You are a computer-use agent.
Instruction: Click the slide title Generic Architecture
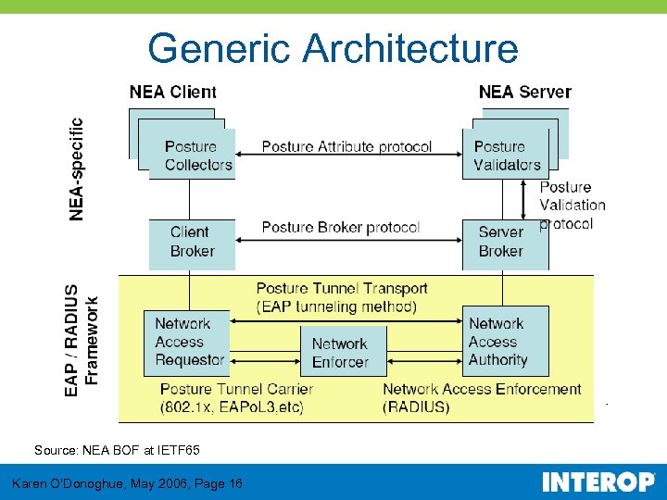click(x=333, y=48)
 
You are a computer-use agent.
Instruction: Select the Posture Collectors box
click(x=197, y=155)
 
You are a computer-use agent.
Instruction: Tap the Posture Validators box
click(x=506, y=155)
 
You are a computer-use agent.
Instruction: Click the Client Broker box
click(x=192, y=242)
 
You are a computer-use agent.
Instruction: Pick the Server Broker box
click(x=500, y=242)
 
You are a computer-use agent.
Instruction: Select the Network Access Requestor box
click(x=187, y=342)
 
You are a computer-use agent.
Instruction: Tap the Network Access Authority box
click(x=505, y=342)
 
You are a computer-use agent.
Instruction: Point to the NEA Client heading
click(x=173, y=92)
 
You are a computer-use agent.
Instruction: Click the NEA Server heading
click(x=524, y=92)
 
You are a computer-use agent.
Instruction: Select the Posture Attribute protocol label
click(x=346, y=146)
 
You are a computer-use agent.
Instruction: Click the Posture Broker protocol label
click(x=340, y=227)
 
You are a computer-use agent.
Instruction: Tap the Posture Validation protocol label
click(x=572, y=205)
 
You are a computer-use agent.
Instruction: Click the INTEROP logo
click(x=598, y=482)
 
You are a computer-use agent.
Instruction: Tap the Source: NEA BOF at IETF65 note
click(x=117, y=450)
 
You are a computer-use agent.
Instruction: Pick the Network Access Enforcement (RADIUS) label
click(x=482, y=398)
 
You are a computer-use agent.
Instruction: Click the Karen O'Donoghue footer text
click(x=127, y=483)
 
